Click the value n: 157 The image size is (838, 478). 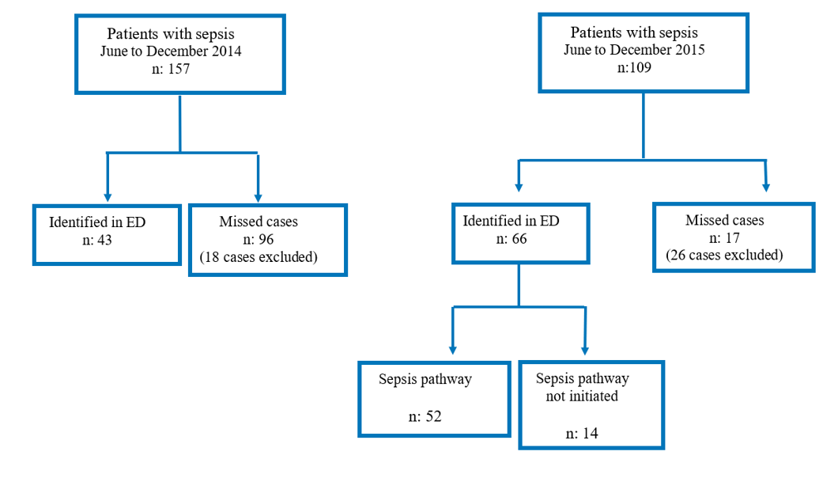coord(170,69)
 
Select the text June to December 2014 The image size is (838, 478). coord(170,51)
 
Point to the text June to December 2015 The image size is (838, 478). coord(634,49)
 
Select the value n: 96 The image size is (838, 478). coord(259,239)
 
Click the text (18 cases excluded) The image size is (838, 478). coord(259,256)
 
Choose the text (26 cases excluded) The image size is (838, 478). coord(724,255)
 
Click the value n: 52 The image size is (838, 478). coord(425,417)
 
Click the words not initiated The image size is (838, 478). coord(583,396)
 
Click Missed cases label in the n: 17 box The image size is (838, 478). coord(724,220)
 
